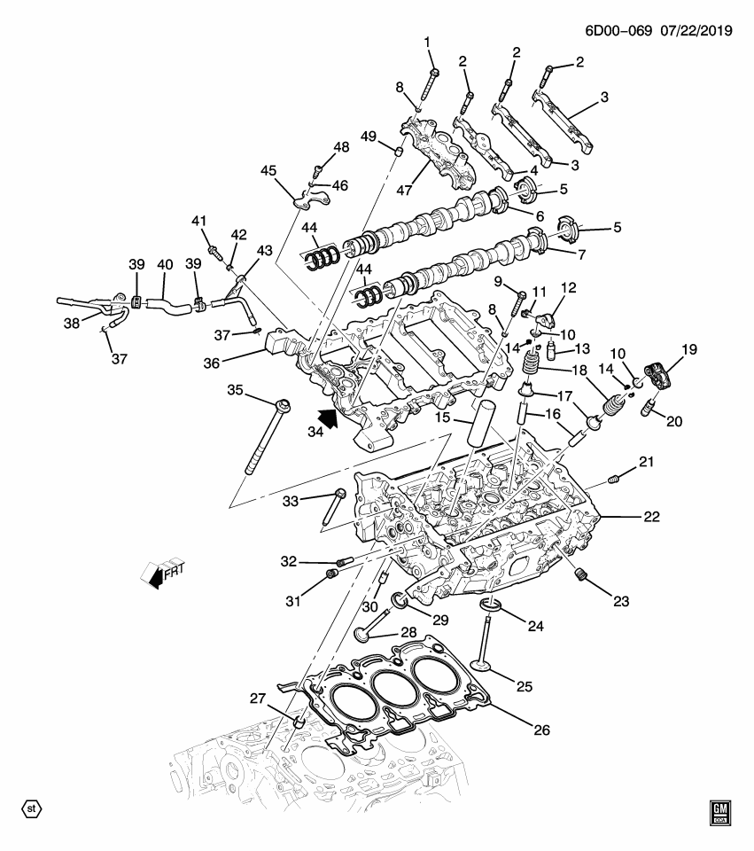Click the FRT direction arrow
coord(159,573)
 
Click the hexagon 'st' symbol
coord(31,809)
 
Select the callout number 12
coord(566,287)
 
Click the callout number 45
coord(268,171)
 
